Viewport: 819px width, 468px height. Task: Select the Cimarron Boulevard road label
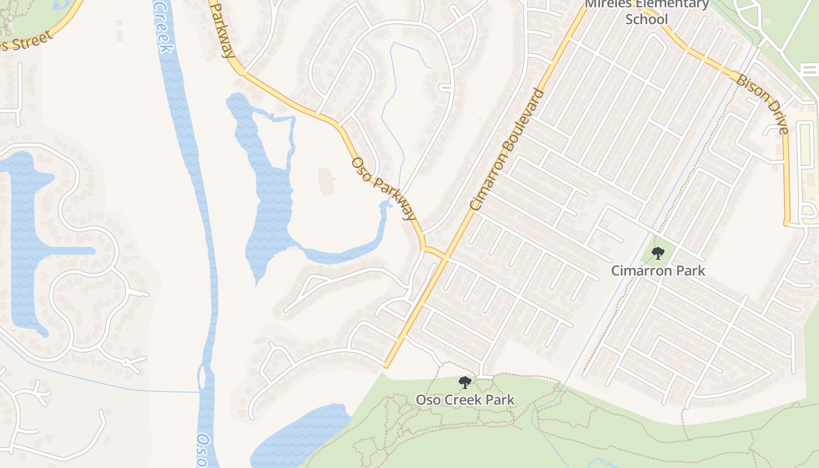click(x=507, y=150)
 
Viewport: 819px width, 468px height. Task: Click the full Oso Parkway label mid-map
click(x=384, y=188)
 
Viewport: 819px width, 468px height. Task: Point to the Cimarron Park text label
click(x=658, y=271)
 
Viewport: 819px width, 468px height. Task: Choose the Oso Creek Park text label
click(x=465, y=400)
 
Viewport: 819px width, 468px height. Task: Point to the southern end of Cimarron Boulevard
click(x=387, y=366)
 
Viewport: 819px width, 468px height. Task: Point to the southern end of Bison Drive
click(x=787, y=222)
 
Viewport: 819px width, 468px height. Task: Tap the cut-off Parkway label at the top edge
click(x=222, y=29)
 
